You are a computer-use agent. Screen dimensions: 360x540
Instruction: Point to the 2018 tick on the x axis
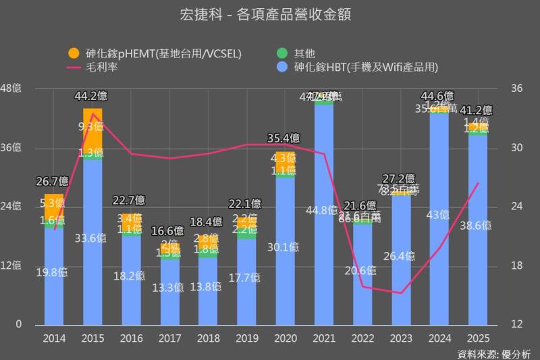208,338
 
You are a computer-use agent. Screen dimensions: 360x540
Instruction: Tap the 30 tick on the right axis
516,147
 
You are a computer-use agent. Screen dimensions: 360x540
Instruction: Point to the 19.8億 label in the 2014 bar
54,273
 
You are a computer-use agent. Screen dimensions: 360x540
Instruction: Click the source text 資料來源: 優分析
493,353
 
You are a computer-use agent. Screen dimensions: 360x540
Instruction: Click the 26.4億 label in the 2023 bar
401,256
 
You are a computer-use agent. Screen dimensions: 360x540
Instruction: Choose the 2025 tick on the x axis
478,338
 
